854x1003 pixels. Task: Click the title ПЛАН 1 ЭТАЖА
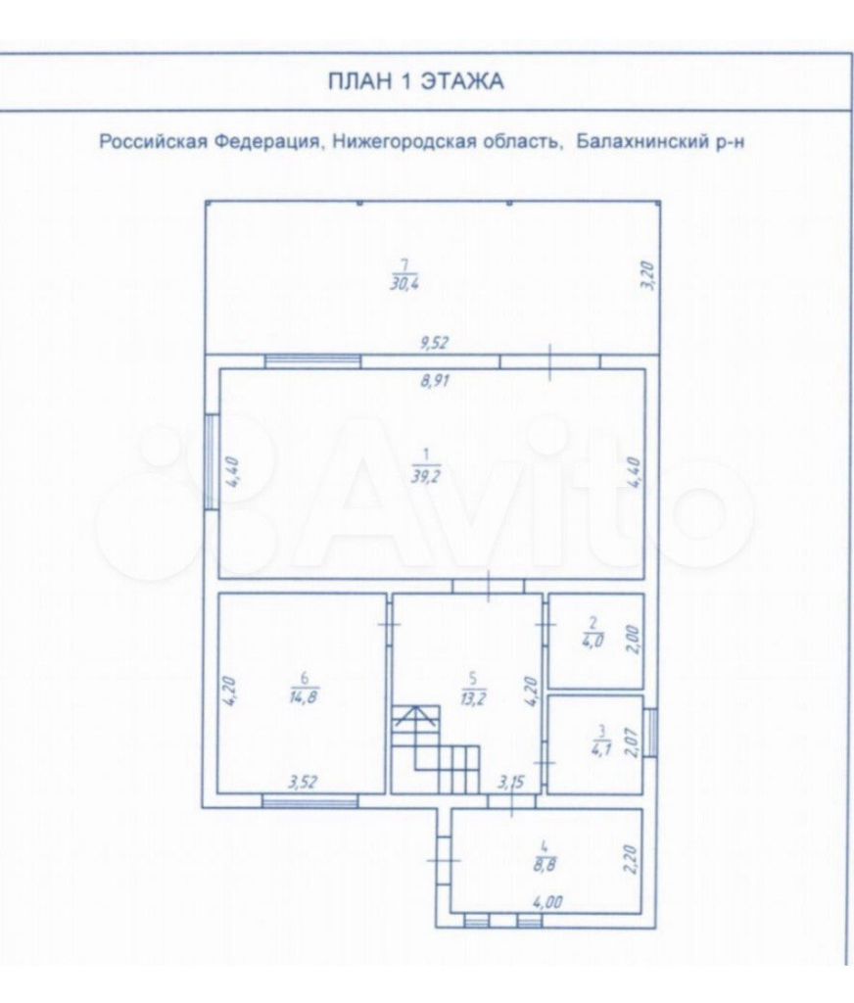click(x=416, y=81)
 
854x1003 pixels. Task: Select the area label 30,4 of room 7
click(x=404, y=283)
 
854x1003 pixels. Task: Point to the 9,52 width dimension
click(x=435, y=343)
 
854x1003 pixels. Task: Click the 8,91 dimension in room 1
click(x=435, y=381)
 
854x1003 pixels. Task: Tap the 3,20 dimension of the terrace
click(x=648, y=275)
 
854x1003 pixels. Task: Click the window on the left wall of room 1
click(x=212, y=461)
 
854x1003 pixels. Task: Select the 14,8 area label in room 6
click(x=304, y=696)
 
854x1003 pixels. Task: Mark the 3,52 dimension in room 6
click(x=304, y=782)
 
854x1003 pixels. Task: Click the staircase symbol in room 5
click(x=436, y=748)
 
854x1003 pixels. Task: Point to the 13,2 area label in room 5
click(x=473, y=697)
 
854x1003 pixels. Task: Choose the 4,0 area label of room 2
click(x=593, y=641)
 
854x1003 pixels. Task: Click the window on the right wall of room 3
click(x=650, y=732)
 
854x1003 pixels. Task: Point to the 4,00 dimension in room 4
click(x=548, y=902)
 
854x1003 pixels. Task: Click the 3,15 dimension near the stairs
click(x=511, y=782)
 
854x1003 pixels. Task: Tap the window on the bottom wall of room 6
click(x=310, y=801)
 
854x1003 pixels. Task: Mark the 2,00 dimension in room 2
click(x=634, y=641)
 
